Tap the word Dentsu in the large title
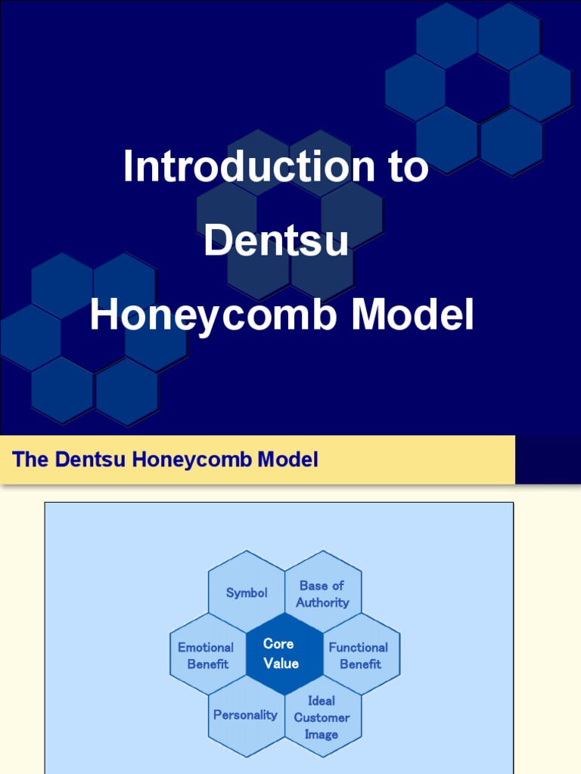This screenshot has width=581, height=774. pos(276,241)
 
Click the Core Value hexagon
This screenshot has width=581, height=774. pos(284,654)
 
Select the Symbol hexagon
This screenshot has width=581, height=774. pos(247,593)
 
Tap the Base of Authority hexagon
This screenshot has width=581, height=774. pos(323,593)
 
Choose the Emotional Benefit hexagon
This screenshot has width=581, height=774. pos(207,655)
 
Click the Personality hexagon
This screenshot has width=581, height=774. pos(245,715)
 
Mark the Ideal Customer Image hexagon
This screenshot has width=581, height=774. pos(322,717)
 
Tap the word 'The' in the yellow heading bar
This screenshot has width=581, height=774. pos(30,459)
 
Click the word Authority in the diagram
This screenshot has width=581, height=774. pos(323,602)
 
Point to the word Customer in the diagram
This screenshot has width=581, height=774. pos(322,717)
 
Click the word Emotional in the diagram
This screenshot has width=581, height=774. pos(206,647)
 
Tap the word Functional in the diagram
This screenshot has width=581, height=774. pos(359,647)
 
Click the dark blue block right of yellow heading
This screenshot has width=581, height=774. pos(548,459)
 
